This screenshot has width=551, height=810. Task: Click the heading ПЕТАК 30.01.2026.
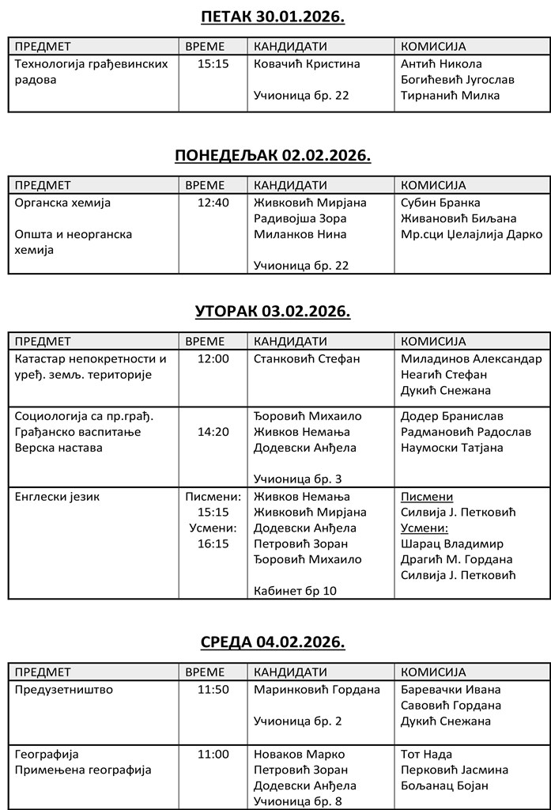click(273, 17)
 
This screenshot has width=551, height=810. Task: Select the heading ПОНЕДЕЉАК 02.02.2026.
click(273, 155)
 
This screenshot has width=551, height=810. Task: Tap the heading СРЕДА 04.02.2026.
click(273, 642)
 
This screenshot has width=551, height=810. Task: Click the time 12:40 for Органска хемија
click(213, 202)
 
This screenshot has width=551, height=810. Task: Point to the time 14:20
click(213, 432)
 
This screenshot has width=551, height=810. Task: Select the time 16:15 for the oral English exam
click(213, 543)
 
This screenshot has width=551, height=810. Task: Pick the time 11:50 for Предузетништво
click(213, 689)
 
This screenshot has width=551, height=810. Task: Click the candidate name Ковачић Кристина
click(307, 64)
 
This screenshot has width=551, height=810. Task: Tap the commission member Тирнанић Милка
click(450, 96)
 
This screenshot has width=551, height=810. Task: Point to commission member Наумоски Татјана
click(451, 448)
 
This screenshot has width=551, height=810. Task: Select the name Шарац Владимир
click(451, 543)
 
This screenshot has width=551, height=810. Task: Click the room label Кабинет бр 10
click(295, 590)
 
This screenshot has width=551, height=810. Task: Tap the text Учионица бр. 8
click(297, 801)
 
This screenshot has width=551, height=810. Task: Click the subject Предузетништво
click(64, 689)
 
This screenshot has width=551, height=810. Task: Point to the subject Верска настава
click(58, 448)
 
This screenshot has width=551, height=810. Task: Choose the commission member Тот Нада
click(427, 754)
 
